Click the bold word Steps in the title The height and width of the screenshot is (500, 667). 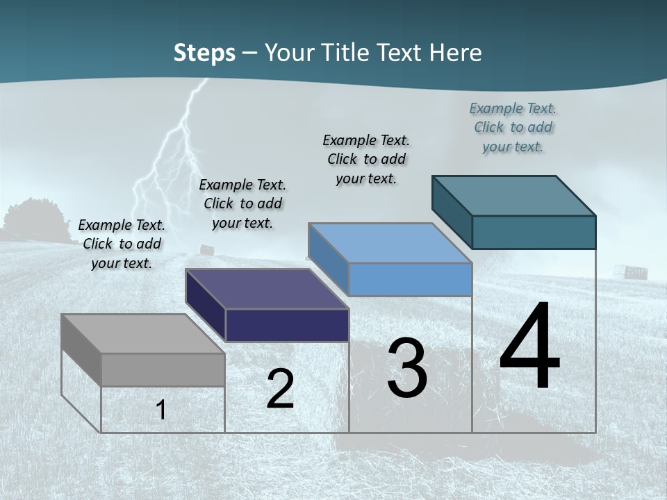coord(204,53)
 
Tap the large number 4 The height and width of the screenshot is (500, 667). coord(529,347)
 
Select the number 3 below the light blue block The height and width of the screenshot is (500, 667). coord(407,369)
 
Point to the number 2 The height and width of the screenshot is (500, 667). coord(280,389)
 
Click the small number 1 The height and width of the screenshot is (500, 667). coord(160,410)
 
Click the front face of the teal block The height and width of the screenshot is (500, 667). coord(534,232)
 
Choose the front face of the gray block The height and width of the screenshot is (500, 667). coord(163,369)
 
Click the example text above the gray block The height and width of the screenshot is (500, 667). coord(122,244)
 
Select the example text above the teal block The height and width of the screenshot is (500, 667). coord(513,127)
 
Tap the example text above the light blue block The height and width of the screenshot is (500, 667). coord(366,159)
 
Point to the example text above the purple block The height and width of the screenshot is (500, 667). coord(242,203)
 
